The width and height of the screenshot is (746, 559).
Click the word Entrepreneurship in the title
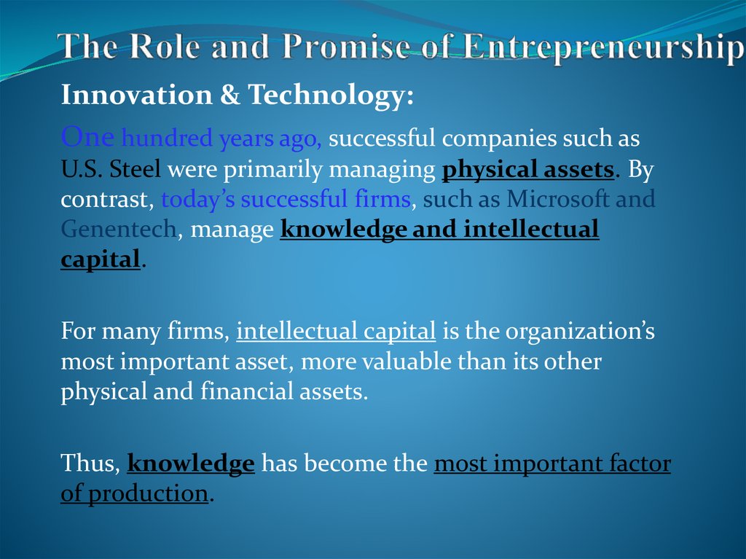coord(597,46)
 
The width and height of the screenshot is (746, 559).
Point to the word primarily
coord(275,169)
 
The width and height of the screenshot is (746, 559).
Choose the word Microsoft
coord(558,199)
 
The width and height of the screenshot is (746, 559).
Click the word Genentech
coord(118,230)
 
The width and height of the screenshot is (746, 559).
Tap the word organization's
coord(580,332)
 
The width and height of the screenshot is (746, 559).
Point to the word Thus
coord(90,464)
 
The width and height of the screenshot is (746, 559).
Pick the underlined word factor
coord(632,464)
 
